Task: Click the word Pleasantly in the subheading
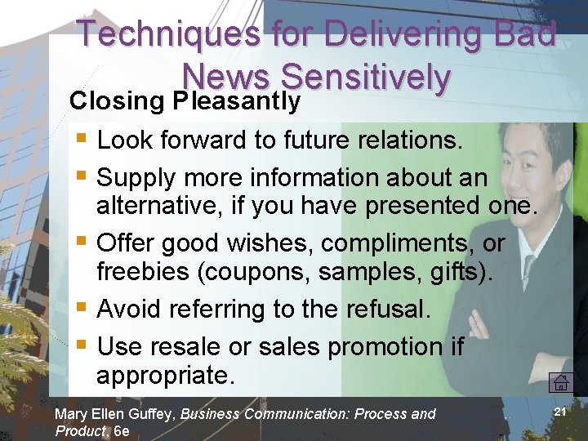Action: click(237, 100)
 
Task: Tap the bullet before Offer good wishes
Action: click(79, 243)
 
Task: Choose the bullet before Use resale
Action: click(79, 346)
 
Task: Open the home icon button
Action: click(560, 382)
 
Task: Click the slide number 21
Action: click(560, 412)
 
